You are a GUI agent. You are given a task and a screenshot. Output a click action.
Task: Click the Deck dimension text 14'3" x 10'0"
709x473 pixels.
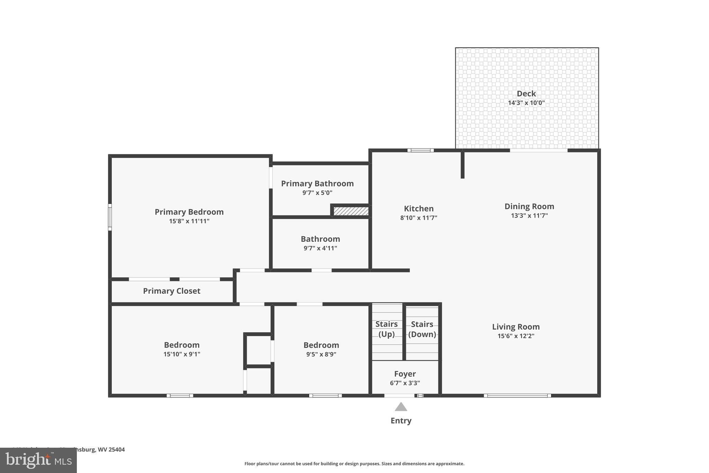tap(526, 103)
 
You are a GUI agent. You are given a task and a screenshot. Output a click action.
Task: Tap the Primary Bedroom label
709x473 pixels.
tap(189, 212)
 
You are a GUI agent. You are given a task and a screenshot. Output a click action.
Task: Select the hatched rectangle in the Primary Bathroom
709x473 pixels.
tap(351, 211)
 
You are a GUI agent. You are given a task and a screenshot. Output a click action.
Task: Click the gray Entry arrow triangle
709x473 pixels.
tap(401, 407)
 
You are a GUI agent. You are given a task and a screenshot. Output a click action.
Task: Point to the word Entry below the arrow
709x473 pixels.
tap(401, 421)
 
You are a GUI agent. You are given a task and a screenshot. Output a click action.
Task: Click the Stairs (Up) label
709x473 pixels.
tap(386, 329)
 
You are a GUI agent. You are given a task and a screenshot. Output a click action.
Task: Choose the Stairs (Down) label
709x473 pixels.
tap(422, 329)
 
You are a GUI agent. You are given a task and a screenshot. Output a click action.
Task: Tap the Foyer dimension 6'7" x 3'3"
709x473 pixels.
tap(405, 383)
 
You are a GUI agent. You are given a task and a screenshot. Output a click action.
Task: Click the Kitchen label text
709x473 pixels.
tap(419, 209)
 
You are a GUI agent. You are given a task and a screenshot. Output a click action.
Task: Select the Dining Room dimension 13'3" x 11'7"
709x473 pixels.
tap(529, 216)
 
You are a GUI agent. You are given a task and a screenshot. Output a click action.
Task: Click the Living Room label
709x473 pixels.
tap(516, 327)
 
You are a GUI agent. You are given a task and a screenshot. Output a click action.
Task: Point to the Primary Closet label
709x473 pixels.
tap(172, 291)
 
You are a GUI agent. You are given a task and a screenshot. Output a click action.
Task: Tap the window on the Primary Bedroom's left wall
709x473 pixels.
tap(110, 217)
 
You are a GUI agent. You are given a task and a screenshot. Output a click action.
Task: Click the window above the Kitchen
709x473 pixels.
tap(420, 150)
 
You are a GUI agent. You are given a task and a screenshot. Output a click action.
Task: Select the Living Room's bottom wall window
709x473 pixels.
tap(517, 395)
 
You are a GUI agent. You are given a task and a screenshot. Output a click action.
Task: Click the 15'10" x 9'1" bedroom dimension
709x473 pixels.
tap(182, 354)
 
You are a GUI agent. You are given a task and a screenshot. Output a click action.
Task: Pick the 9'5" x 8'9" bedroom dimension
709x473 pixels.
tap(321, 354)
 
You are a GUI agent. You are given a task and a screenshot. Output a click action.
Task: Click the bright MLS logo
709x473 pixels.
tap(38, 460)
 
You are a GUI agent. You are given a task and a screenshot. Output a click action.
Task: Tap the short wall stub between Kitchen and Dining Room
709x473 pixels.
tap(463, 165)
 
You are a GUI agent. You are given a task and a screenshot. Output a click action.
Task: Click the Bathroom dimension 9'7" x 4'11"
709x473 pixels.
tap(320, 248)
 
